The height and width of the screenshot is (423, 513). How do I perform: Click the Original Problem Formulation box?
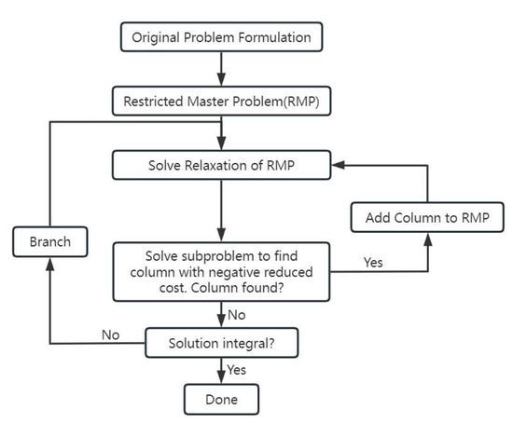(x=221, y=37)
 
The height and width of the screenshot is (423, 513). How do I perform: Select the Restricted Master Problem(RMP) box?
(x=221, y=101)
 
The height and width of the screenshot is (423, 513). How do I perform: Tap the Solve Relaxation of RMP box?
(x=221, y=166)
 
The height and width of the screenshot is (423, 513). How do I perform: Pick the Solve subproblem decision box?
(x=221, y=271)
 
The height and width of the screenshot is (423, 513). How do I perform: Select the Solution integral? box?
(x=221, y=342)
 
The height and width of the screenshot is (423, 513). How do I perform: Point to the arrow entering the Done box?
(x=221, y=373)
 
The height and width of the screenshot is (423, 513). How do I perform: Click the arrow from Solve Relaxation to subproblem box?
(x=221, y=210)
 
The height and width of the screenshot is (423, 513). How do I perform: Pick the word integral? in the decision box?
(x=250, y=342)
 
